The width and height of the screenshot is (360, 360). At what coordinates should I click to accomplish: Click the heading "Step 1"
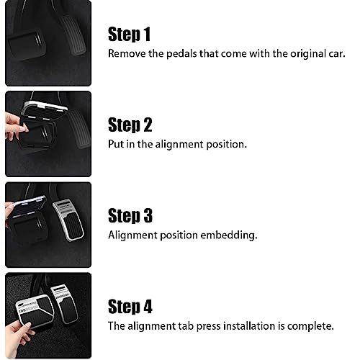(130, 34)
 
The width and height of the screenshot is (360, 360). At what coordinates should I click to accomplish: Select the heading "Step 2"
(130, 125)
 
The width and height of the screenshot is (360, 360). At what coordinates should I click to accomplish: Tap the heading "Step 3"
(130, 215)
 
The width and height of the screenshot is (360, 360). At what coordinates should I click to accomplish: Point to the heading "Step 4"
(130, 306)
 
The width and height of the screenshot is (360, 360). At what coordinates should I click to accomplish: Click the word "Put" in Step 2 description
(117, 144)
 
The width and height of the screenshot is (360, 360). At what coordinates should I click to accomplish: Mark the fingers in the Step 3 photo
(14, 209)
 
